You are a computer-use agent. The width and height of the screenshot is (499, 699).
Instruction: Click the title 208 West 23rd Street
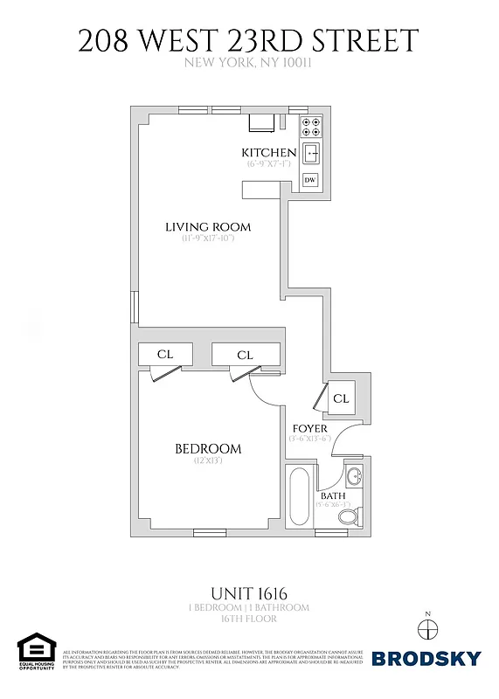249,40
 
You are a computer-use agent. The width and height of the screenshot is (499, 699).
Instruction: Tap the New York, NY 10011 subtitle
249,63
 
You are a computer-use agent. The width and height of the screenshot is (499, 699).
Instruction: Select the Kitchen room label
268,154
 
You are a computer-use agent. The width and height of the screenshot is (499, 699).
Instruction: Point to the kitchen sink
311,155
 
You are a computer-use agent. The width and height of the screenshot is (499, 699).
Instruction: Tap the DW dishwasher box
310,180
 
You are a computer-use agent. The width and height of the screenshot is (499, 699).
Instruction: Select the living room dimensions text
209,239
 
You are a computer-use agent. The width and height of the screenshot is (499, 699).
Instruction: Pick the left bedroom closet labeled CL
164,355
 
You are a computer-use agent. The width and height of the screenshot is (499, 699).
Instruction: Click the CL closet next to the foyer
341,398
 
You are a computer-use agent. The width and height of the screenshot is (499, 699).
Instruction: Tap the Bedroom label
208,449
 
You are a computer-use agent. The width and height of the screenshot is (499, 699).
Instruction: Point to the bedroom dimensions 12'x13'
208,460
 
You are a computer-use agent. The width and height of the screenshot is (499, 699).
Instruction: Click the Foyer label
310,429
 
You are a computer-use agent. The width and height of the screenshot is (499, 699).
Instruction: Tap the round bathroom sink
353,478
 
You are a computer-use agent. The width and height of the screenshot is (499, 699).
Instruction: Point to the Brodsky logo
426,658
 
